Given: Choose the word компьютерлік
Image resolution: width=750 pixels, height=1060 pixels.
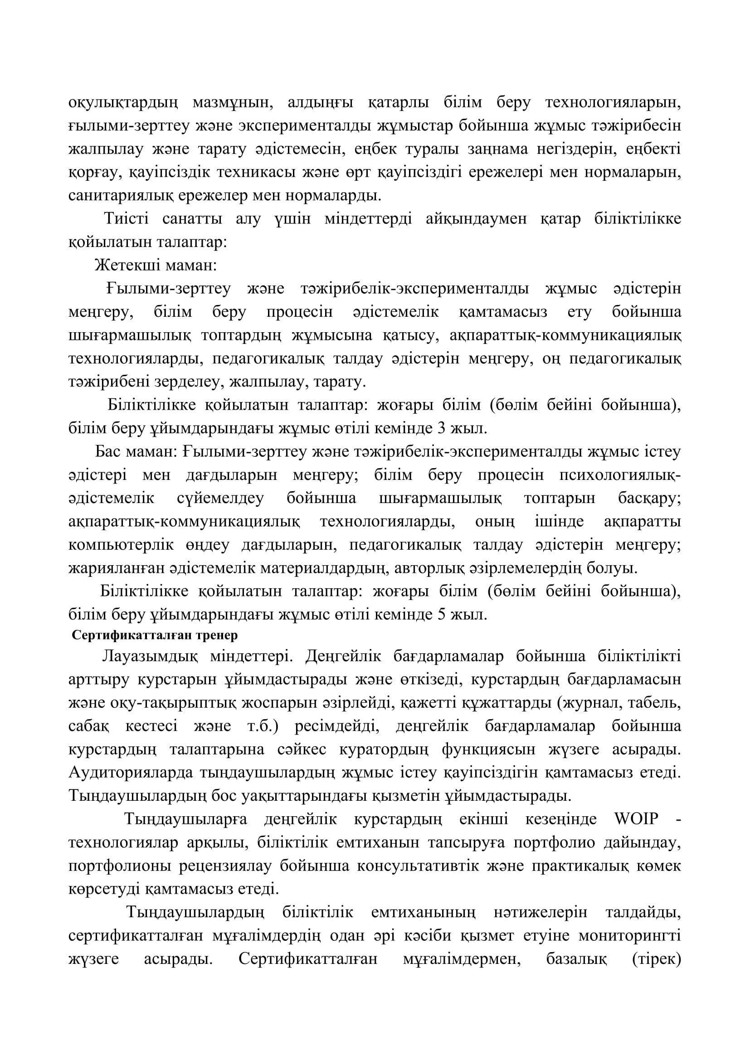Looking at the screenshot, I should pos(121,545).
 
